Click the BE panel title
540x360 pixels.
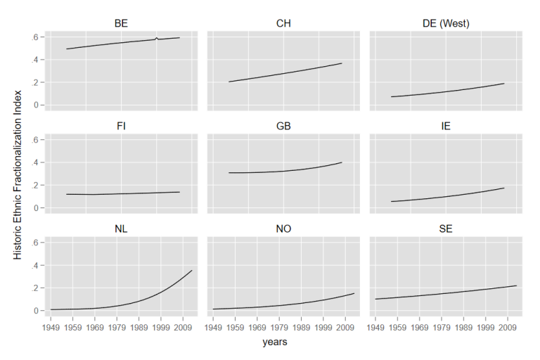coord(121,23)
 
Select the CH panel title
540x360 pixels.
coord(283,23)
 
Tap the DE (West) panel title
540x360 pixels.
coord(446,23)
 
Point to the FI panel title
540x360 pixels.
coord(121,126)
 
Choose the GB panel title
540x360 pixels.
coord(283,126)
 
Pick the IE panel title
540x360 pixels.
coord(446,126)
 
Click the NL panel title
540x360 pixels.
coord(121,229)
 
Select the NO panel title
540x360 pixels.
coord(283,229)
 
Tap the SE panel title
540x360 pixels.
coord(446,229)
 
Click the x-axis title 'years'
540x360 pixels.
coord(275,342)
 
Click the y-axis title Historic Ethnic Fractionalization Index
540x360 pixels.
coord(18,175)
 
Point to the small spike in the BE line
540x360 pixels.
coord(157,38)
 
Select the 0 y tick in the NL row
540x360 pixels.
coord(36,311)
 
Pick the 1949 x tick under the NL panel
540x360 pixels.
coord(51,327)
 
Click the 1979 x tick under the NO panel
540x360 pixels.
coord(279,327)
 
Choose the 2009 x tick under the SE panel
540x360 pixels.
coord(508,327)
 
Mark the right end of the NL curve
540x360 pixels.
coord(192,271)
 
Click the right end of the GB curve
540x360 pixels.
coord(342,162)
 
